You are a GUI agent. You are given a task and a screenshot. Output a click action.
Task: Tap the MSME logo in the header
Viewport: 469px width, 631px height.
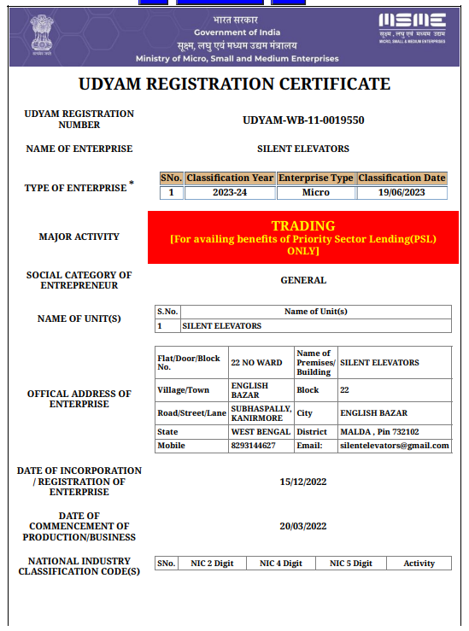[x=412, y=27]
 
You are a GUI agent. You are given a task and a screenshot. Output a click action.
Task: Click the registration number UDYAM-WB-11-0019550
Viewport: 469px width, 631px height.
[x=303, y=120]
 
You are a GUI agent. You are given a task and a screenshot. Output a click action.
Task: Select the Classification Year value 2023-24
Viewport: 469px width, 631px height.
[x=230, y=192]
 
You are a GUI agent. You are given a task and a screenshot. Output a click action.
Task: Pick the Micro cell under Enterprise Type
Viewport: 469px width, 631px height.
[x=315, y=192]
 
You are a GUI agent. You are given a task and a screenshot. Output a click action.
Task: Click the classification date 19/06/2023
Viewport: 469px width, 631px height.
[x=402, y=192]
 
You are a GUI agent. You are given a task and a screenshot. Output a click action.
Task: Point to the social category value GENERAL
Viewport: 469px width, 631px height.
[x=302, y=280]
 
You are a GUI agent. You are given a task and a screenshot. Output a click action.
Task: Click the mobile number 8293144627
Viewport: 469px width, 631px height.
[x=254, y=446]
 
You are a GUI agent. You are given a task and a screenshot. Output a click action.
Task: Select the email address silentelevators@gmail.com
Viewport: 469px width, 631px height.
[x=394, y=446]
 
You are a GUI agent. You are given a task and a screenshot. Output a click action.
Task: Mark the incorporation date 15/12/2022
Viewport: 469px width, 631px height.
[x=302, y=482]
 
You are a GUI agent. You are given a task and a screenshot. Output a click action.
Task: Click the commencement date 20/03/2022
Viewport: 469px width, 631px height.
[x=302, y=526]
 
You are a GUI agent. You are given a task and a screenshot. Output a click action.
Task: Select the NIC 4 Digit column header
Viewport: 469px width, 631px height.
[x=281, y=564]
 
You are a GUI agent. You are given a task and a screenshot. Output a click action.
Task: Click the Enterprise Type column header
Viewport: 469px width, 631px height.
[x=315, y=178]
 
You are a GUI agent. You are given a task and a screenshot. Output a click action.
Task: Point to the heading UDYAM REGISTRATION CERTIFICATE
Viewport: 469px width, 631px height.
[x=234, y=85]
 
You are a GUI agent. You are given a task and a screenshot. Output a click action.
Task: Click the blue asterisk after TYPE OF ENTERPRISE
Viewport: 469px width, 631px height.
[x=132, y=183]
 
